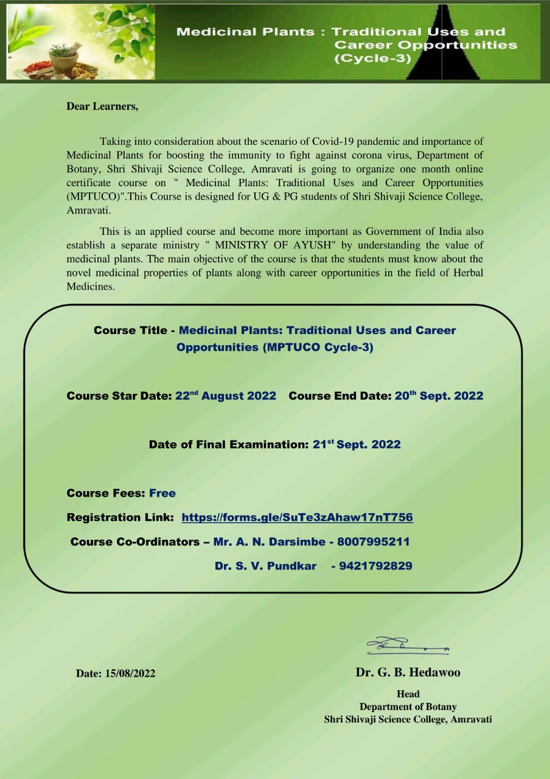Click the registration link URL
pos(297,517)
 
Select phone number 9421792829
pos(375,566)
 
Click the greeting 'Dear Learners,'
pos(102,107)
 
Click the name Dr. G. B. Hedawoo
pos(408,672)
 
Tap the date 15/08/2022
pos(130,674)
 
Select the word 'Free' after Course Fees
pos(162,493)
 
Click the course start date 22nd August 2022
pos(226,396)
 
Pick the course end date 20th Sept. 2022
pos(439,396)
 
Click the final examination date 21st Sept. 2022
pos(357,444)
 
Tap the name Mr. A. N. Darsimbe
pos(268,542)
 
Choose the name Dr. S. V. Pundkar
pos(265,566)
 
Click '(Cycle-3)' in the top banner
pos(373,59)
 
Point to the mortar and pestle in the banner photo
pos(63,58)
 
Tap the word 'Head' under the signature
pos(408,694)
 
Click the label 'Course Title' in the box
pos(130,330)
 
